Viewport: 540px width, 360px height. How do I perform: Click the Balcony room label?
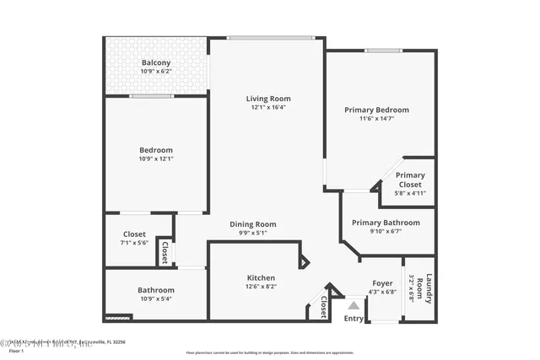pos(156,63)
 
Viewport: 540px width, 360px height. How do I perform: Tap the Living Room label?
pos(268,98)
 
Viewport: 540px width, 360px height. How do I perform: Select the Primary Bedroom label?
pos(376,110)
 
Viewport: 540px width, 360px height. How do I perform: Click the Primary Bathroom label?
pos(388,223)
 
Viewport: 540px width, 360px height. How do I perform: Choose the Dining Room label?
pos(253,224)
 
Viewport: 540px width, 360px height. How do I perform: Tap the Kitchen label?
pos(261,277)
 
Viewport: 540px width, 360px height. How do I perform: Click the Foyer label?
pos(382,282)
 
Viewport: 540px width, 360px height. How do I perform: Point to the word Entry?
pos(354,318)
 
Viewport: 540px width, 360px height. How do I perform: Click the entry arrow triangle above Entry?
pos(354,304)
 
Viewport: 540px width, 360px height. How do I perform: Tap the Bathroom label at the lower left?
pos(156,290)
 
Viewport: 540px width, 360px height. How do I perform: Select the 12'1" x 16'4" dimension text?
pos(268,107)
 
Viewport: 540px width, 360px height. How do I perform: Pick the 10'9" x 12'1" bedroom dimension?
pos(156,159)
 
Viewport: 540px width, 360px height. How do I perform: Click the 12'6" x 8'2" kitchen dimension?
pos(261,287)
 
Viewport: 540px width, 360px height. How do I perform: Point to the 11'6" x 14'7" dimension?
pos(376,119)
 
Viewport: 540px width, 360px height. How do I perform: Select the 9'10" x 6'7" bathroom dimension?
pos(388,232)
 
